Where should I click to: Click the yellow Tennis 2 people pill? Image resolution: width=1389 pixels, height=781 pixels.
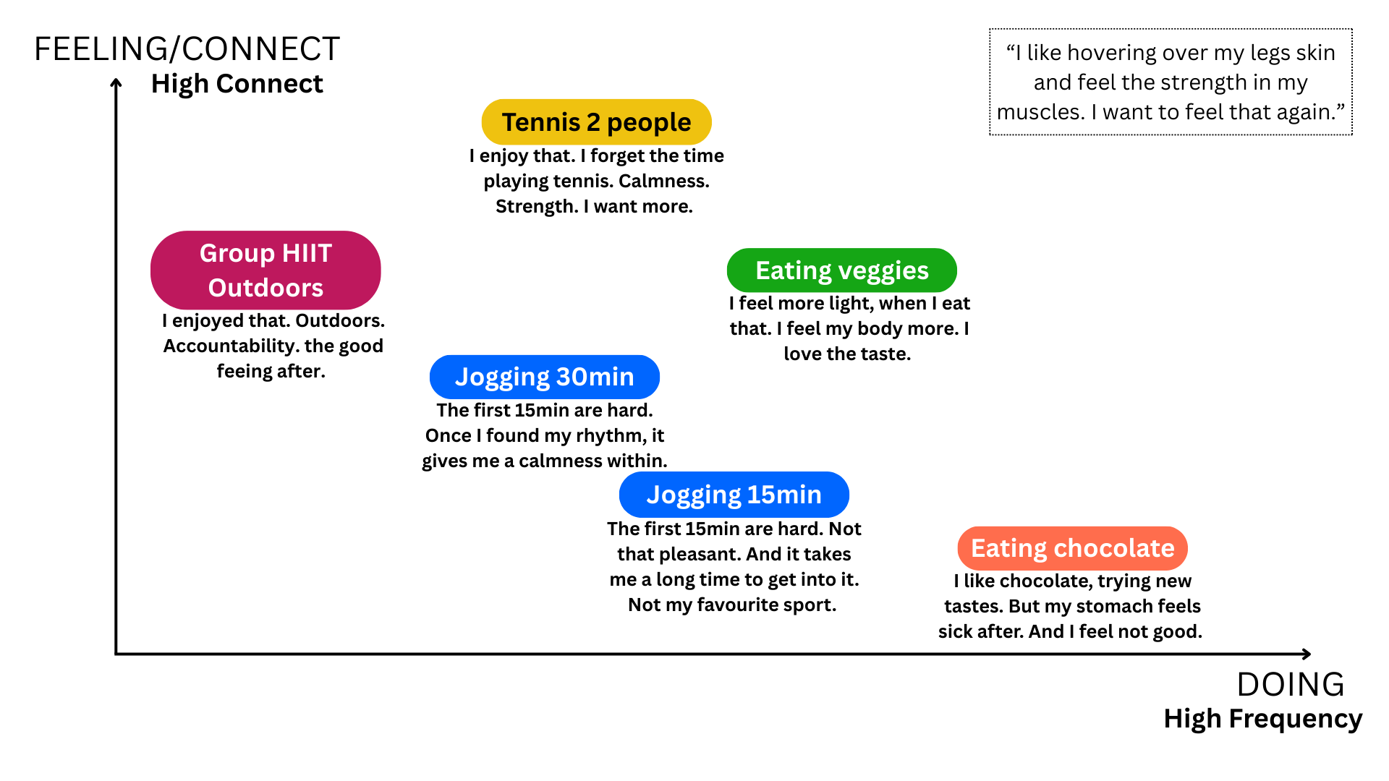pos(596,121)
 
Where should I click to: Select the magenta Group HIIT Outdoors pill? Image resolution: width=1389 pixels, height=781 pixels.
pos(266,270)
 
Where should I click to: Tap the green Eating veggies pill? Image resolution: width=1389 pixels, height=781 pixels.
pos(841,270)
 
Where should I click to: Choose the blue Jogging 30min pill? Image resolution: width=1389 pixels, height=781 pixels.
pos(544,377)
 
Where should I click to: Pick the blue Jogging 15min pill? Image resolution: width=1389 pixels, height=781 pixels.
pos(734,495)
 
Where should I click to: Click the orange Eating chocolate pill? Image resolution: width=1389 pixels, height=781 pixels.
pos(1072,548)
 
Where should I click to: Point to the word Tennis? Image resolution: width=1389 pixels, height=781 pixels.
pos(540,122)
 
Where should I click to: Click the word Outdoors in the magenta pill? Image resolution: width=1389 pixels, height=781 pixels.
pos(266,288)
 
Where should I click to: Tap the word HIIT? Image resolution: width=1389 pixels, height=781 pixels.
pos(307,253)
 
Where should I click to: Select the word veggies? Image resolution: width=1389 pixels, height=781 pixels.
pos(883,271)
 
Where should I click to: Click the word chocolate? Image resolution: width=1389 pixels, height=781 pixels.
pos(1113,548)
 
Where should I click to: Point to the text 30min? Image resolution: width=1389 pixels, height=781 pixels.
pos(595,377)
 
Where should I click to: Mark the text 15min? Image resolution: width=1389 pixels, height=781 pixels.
pos(784,495)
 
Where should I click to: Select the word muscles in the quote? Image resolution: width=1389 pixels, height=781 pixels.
pos(1040,112)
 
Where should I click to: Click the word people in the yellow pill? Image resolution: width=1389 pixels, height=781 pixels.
pos(649,123)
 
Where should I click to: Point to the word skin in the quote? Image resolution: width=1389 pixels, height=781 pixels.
pos(1315,53)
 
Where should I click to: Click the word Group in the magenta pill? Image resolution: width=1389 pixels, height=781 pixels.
pos(237,253)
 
